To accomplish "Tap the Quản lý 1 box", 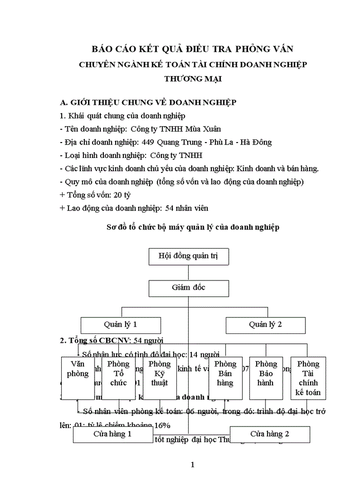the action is [x=121, y=325].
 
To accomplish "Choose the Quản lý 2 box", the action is [x=265, y=325].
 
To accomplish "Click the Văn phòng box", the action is [x=78, y=378].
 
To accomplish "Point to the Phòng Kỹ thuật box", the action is [x=159, y=378].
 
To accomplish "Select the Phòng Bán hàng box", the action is [x=225, y=378].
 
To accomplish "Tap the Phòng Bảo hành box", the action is [x=265, y=378].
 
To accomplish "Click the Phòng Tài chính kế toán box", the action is [x=308, y=378].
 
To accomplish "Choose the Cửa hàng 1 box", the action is [x=113, y=434].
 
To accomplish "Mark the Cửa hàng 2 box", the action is [x=269, y=434].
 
